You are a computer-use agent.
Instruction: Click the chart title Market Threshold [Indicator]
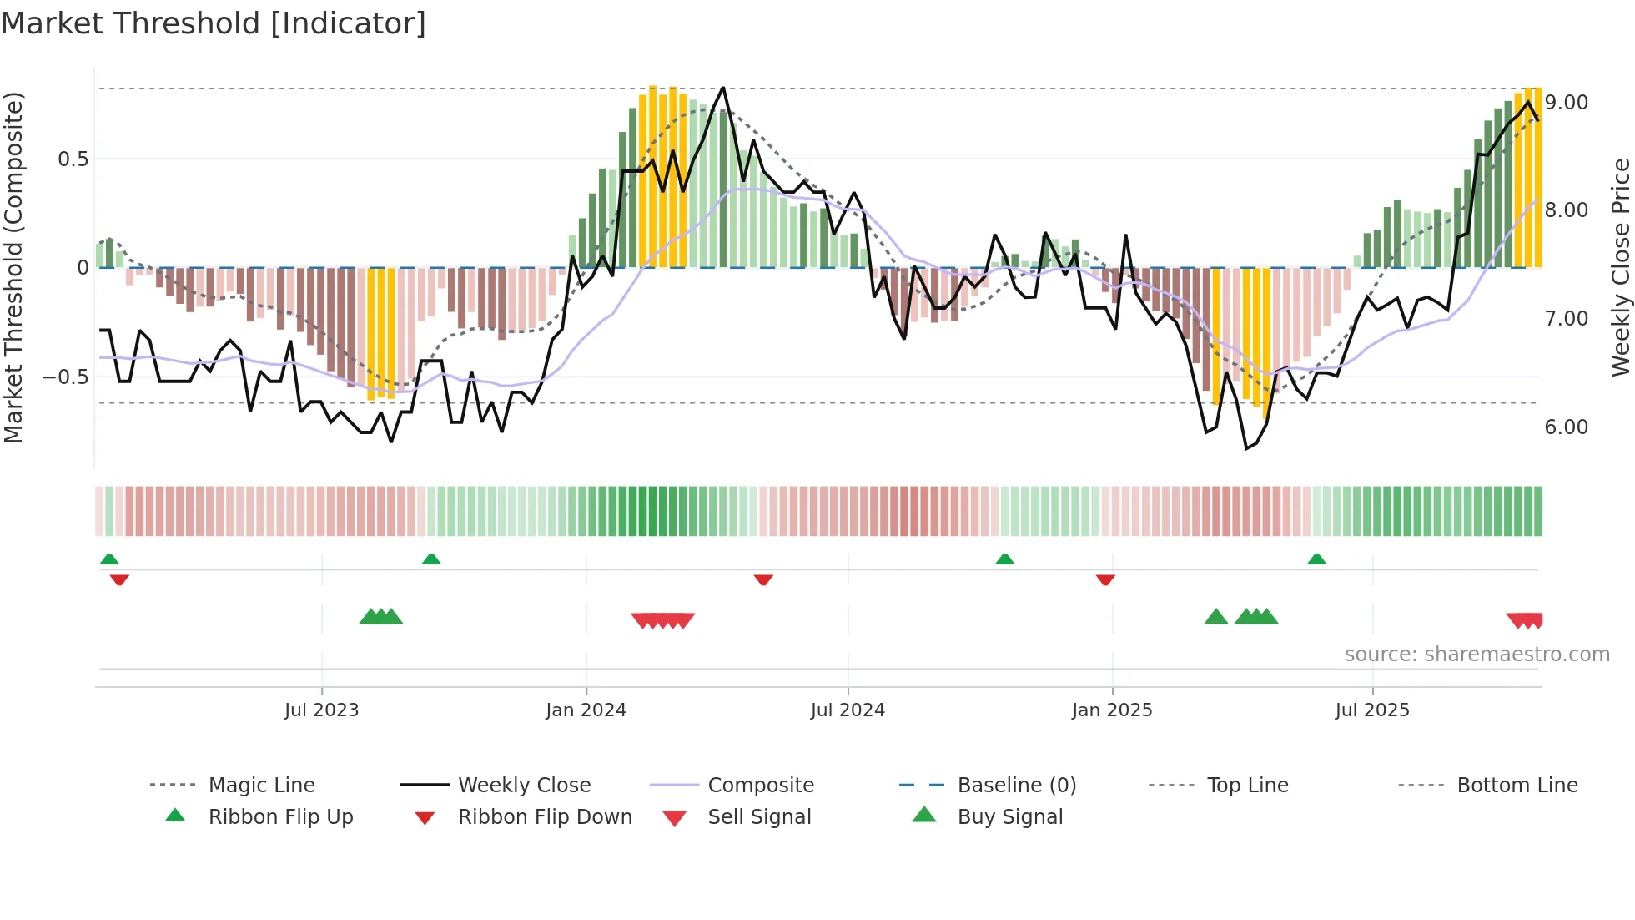pos(214,23)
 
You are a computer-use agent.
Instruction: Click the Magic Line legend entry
pos(261,785)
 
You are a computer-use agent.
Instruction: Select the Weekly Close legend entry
pos(524,785)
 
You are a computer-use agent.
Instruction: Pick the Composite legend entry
pos(760,785)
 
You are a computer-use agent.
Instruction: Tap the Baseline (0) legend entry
pos(1016,785)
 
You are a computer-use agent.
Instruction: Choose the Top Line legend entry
pos(1247,785)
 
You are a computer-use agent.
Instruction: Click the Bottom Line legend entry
pos(1517,785)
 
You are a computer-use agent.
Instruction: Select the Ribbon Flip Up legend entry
pos(280,816)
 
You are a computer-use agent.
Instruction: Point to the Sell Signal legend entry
pos(758,816)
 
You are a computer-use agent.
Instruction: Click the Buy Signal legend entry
pos(1009,816)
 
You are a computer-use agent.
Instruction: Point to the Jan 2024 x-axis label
pos(586,710)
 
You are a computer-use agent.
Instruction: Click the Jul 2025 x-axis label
pos(1371,710)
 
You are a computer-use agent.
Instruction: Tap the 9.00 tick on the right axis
pos(1566,102)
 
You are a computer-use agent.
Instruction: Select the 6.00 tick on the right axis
pos(1566,427)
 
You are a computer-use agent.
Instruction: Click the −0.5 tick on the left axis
pos(65,377)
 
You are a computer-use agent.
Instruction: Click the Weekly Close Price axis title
pos(1620,267)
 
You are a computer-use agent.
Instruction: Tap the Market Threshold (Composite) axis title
pos(13,267)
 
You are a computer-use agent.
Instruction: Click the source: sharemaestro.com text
pos(1477,654)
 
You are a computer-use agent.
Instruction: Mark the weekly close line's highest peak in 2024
pos(722,88)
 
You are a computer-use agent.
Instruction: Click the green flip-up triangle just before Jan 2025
pos(1004,559)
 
